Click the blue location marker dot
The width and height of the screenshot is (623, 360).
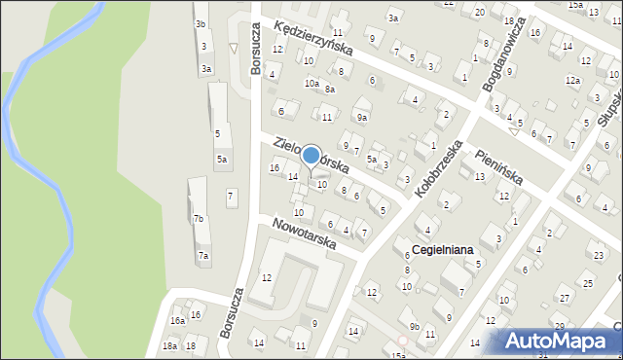(311, 155)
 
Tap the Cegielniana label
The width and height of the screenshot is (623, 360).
(442, 250)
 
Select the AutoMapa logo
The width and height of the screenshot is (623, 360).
(558, 341)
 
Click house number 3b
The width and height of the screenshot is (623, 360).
(201, 23)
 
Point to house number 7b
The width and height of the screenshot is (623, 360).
(199, 219)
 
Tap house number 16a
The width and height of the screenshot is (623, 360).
(177, 320)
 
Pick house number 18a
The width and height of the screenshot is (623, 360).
(169, 346)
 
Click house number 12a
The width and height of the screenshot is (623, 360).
(572, 81)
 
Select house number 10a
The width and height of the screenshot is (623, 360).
(311, 84)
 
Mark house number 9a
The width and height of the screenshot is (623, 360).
(362, 118)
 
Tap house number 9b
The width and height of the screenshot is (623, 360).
(415, 327)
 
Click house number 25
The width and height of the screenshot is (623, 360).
(588, 283)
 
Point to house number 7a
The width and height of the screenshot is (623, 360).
(203, 256)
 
